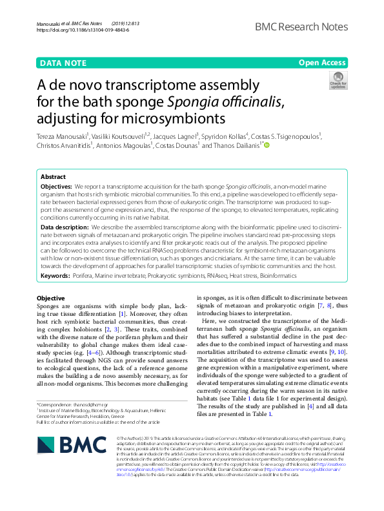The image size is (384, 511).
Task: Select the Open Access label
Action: click(x=322, y=63)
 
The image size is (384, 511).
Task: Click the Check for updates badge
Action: click(x=338, y=81)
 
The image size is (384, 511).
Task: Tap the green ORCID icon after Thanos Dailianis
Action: click(x=267, y=146)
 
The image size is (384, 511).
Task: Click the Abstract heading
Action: click(x=53, y=176)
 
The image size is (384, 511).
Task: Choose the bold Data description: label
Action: click(x=65, y=227)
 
